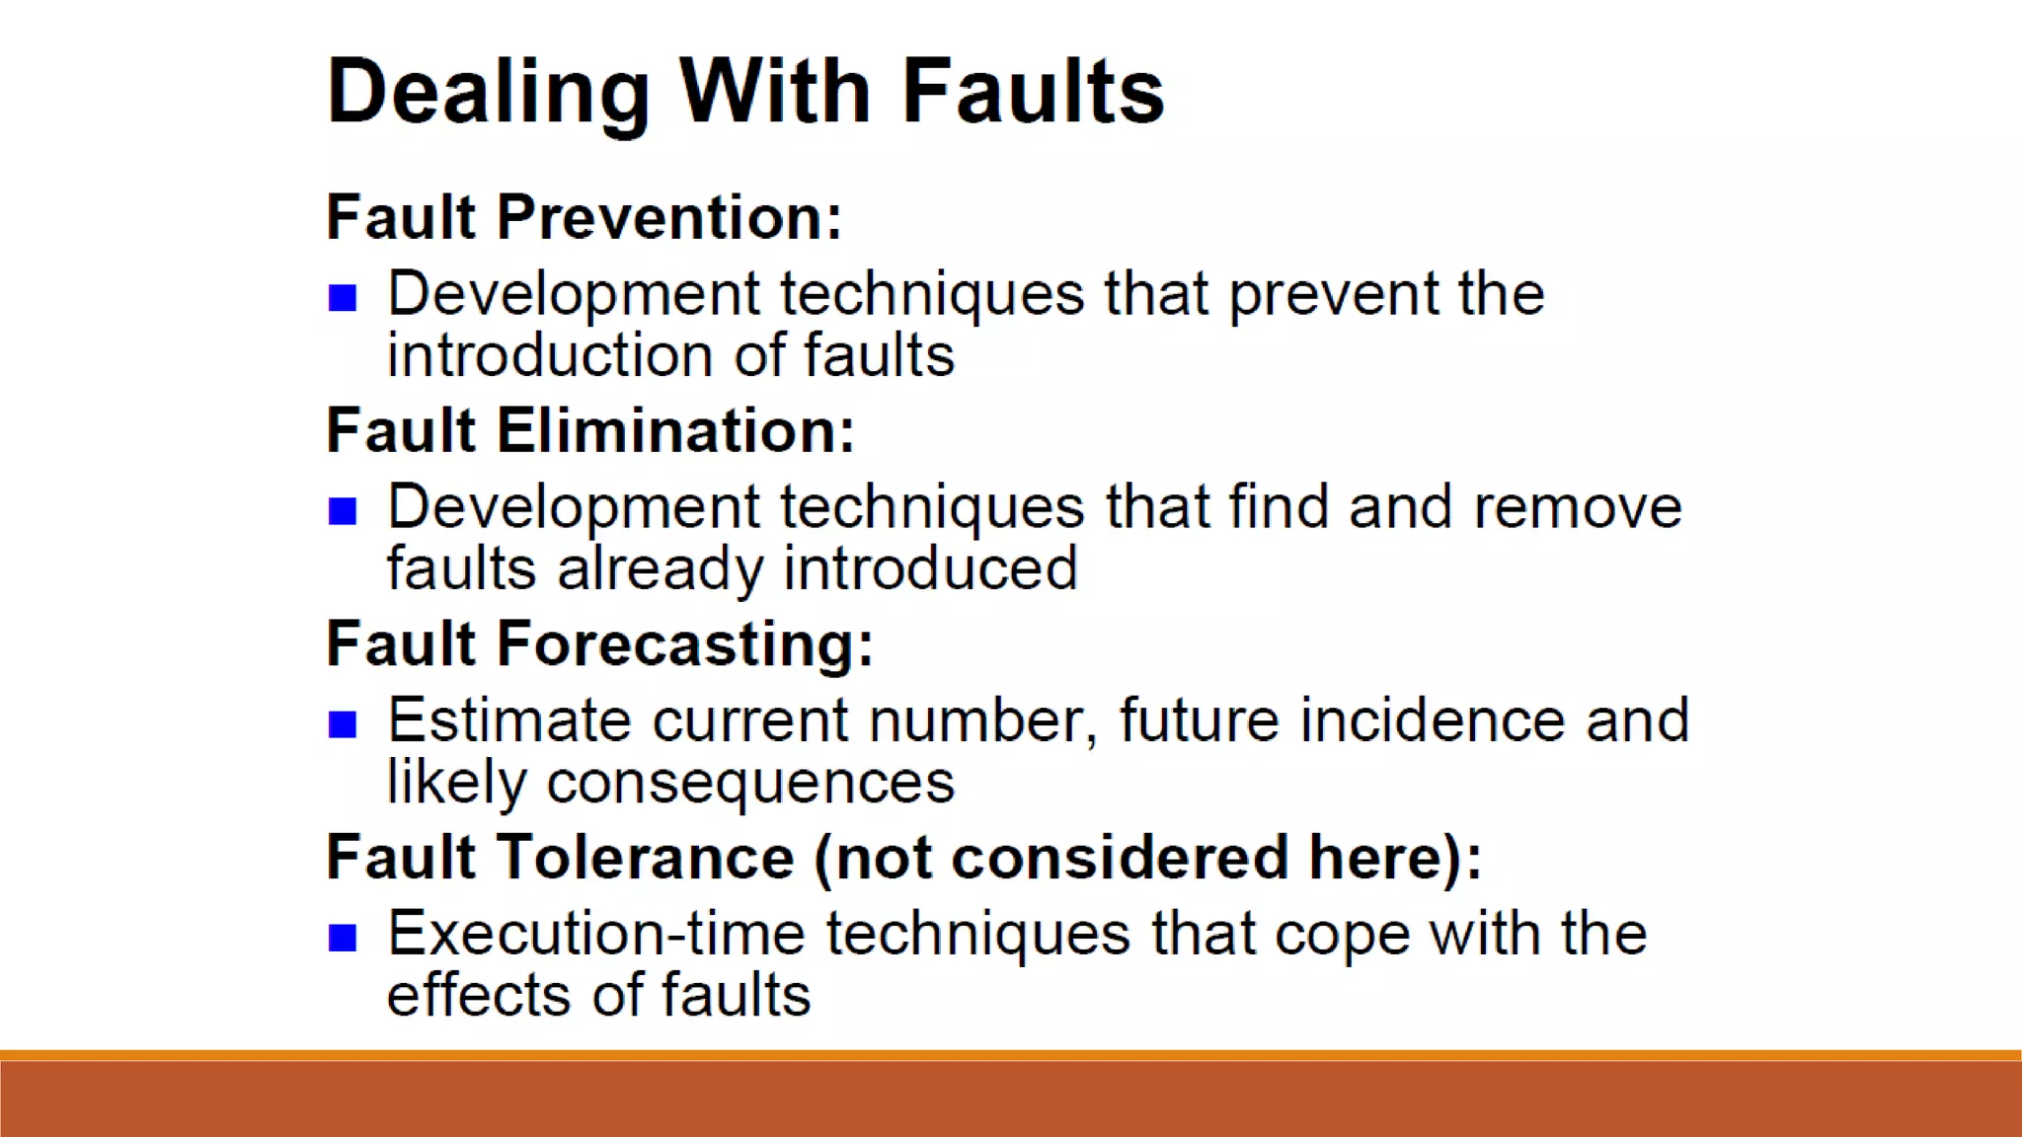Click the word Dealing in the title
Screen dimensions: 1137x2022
coord(488,92)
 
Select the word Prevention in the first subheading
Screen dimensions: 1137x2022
coord(669,217)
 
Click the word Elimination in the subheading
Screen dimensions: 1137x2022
coord(675,430)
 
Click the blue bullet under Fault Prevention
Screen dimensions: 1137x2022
coord(343,297)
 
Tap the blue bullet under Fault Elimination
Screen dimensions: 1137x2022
coord(343,510)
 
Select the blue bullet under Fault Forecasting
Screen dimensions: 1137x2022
coord(343,724)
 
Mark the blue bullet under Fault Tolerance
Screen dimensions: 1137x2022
coord(343,938)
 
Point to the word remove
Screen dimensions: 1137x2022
coord(1578,507)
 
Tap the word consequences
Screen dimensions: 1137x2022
coord(750,784)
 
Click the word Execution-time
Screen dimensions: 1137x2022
coord(596,934)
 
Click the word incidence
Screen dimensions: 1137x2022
coord(1433,720)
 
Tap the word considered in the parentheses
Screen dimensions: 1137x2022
coord(1120,857)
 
